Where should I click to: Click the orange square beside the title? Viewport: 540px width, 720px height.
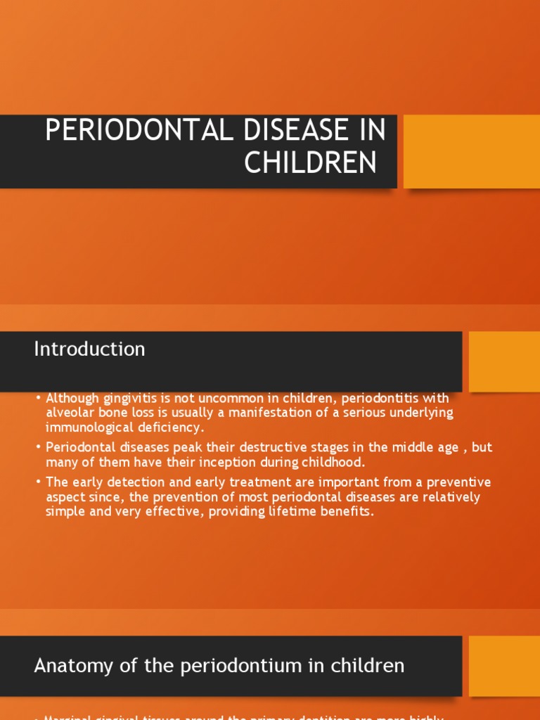coord(472,151)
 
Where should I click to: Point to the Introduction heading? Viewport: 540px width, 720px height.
coord(89,349)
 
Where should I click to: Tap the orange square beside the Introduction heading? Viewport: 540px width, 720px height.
coord(504,361)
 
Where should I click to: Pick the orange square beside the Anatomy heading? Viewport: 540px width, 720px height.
coord(504,666)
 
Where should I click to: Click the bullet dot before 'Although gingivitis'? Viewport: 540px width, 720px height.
coord(39,399)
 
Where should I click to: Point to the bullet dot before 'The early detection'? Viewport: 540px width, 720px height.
coord(39,482)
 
